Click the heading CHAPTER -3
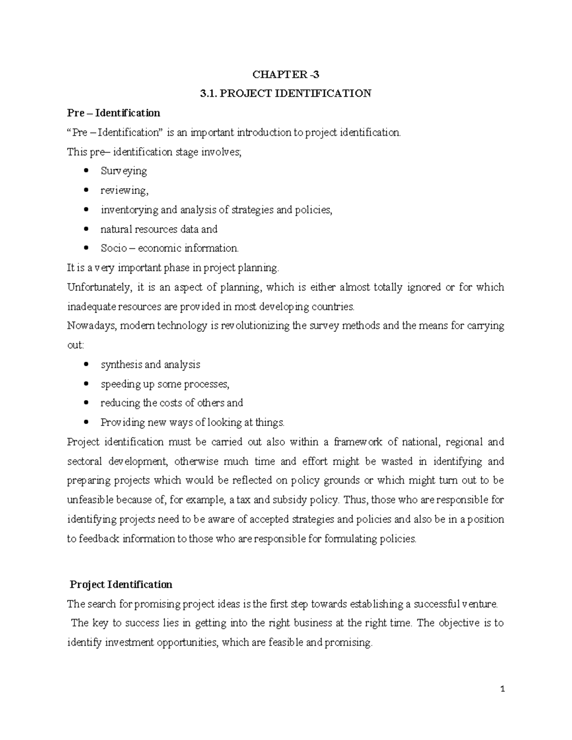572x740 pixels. pos(286,74)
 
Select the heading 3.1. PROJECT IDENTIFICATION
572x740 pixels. pos(286,93)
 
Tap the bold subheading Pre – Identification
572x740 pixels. pos(113,113)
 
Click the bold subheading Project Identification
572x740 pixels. pos(121,584)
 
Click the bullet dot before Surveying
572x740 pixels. pos(86,171)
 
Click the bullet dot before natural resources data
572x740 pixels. pos(86,229)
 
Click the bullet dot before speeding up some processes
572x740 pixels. pos(86,384)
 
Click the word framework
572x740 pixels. pos(358,442)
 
